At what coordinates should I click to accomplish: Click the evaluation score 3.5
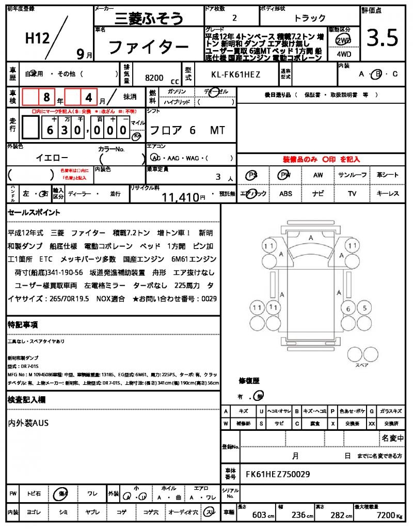382,38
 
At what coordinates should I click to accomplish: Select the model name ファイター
148,48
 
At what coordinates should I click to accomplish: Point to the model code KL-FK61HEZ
236,75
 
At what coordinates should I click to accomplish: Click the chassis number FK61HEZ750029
278,474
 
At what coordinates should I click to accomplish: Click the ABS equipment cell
285,194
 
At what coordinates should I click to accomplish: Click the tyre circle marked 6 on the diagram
349,309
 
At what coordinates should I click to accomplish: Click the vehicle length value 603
259,515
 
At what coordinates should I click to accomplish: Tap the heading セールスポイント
34,212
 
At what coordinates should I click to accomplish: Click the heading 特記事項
23,324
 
